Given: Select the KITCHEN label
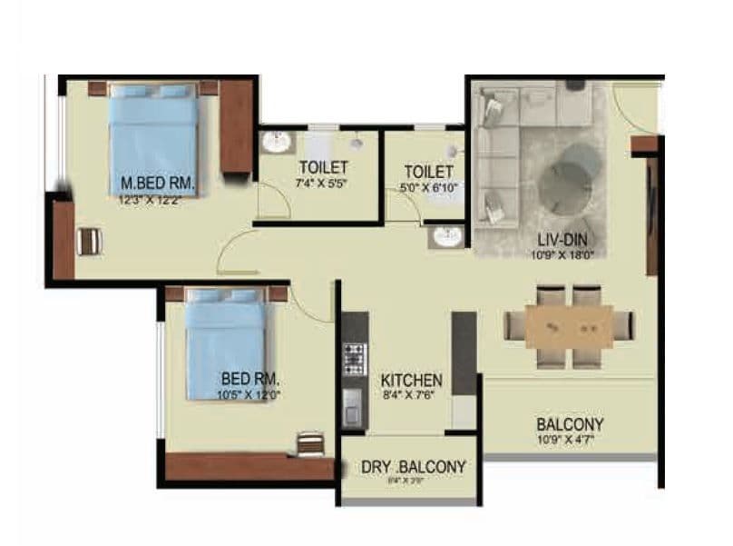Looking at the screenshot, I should coord(411,380).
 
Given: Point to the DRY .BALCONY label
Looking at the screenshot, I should coord(414,467).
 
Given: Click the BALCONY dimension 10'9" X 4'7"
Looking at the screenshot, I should coord(570,440).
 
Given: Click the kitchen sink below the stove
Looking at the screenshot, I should coord(353,405).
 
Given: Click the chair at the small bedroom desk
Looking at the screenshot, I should coord(310,443).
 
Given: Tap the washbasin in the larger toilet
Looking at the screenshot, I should coord(276,143).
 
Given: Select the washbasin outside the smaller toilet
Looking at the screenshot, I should coord(446,236).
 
